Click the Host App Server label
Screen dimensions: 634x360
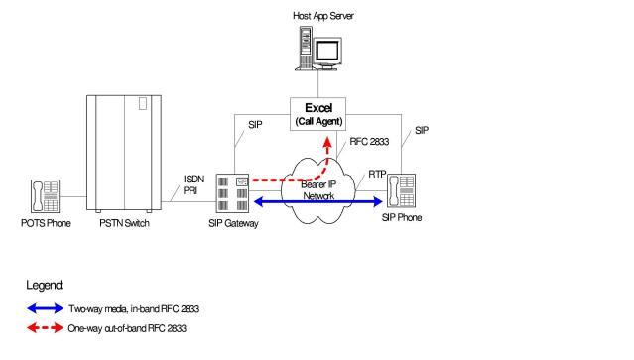pos(323,16)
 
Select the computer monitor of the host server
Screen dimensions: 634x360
pos(328,53)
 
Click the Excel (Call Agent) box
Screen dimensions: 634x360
pos(317,114)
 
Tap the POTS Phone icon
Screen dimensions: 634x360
pos(46,196)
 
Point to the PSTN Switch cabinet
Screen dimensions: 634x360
pos(124,154)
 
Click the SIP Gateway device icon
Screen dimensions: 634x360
pos(232,193)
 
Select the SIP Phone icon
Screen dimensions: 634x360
pos(401,190)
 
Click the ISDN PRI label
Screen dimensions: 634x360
pos(193,184)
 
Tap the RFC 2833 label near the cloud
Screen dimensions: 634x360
pos(369,142)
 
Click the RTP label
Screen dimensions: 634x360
pos(377,175)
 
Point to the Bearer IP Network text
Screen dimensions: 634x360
pos(318,190)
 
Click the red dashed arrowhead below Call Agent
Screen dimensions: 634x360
pos(327,142)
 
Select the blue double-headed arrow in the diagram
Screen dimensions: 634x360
pos(317,201)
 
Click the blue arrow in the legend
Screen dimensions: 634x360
pos(45,308)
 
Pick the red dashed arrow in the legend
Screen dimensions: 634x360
pos(45,328)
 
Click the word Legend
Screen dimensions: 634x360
pos(45,286)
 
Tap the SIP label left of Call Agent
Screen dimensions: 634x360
pos(255,125)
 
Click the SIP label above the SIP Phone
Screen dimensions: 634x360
pos(422,131)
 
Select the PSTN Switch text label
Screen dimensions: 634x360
pos(125,223)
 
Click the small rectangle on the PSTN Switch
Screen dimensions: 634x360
pos(143,103)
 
